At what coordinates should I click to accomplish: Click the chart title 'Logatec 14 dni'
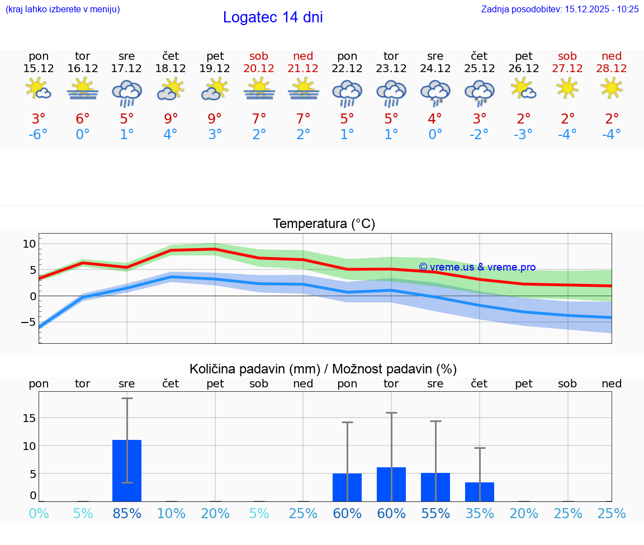[x=273, y=17]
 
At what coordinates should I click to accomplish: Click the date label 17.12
[x=127, y=69]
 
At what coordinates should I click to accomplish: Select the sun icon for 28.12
[x=612, y=88]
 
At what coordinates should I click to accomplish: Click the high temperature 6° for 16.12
[x=83, y=119]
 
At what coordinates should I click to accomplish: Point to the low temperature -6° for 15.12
[x=39, y=135]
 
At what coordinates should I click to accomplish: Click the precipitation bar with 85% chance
[x=127, y=471]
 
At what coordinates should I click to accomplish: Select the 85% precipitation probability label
[x=127, y=514]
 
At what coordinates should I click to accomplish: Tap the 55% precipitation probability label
[x=435, y=514]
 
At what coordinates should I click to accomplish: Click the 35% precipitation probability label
[x=480, y=514]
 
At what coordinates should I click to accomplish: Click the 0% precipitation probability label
[x=39, y=514]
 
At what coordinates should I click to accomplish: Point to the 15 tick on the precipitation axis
[x=29, y=418]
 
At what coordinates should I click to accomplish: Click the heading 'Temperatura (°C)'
[x=324, y=224]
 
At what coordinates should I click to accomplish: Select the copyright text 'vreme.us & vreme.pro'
[x=477, y=267]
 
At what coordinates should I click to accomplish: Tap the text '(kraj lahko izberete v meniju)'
[x=63, y=10]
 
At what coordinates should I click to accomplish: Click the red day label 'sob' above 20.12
[x=259, y=56]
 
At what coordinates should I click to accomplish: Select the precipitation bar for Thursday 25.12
[x=480, y=492]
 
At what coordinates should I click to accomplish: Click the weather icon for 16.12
[x=83, y=89]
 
